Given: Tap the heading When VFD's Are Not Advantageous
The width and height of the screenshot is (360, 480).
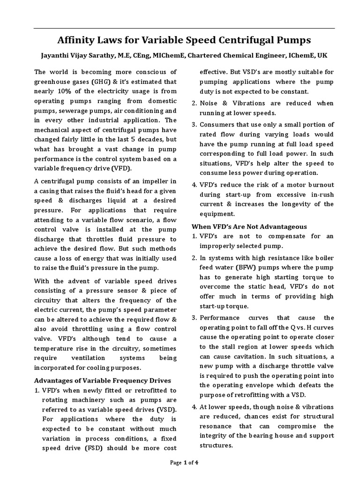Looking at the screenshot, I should click(249, 227).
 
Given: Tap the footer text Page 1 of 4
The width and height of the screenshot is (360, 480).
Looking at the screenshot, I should click(184, 463).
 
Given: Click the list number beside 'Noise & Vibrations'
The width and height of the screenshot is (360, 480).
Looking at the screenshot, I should click(195, 103).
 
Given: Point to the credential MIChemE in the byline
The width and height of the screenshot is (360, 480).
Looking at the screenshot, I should click(170, 55).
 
